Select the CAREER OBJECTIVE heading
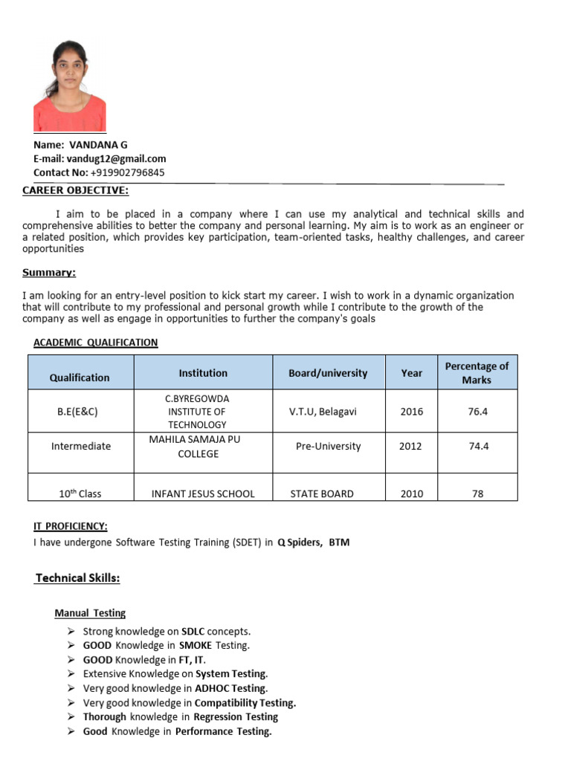(x=75, y=191)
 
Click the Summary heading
(x=49, y=272)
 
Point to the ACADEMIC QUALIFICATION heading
(x=95, y=342)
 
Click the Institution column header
(x=203, y=373)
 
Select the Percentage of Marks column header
(x=476, y=373)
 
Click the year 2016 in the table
(x=411, y=411)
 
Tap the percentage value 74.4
(x=477, y=446)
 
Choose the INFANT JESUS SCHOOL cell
(x=203, y=493)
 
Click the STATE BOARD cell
(x=322, y=493)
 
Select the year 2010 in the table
(x=411, y=493)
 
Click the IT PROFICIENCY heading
(x=71, y=526)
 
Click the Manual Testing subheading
(x=90, y=613)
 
